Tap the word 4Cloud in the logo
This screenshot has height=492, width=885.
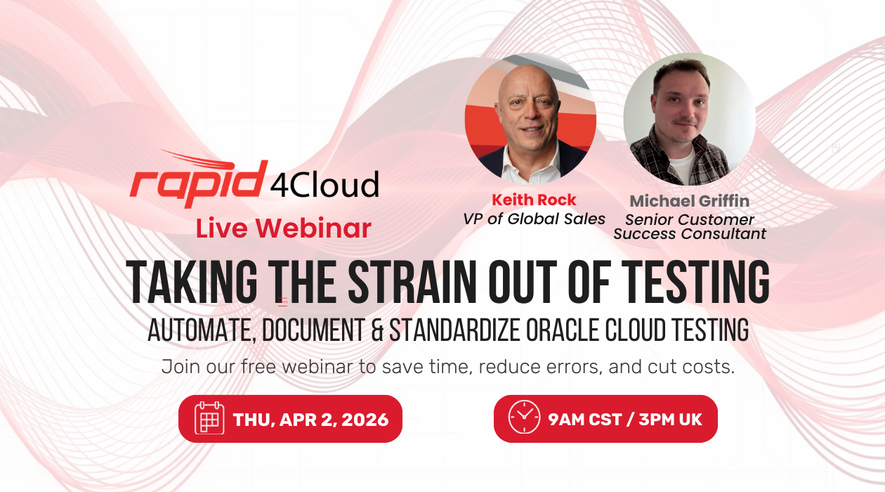(324, 184)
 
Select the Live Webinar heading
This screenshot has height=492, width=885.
(284, 228)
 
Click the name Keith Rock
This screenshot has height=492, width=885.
(534, 200)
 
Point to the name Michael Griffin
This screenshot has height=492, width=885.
(690, 201)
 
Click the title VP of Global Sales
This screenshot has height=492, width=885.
(534, 219)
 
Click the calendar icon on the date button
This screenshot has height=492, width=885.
(209, 418)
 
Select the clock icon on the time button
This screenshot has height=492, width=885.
(524, 417)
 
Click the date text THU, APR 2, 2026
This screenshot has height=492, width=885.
(311, 420)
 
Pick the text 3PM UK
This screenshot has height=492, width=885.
(670, 419)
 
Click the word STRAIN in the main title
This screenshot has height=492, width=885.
(412, 282)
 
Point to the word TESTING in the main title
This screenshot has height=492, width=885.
(695, 282)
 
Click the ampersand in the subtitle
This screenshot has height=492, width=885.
(377, 330)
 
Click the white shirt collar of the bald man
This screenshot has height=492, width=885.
(532, 166)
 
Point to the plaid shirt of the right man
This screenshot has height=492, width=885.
(648, 158)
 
